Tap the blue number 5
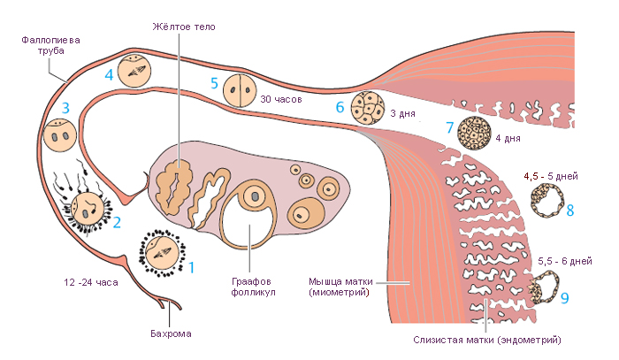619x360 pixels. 214,83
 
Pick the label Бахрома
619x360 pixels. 171,333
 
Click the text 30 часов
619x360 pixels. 282,99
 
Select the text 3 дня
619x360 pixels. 402,114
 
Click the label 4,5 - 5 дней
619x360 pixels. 551,177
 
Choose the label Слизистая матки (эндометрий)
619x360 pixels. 487,340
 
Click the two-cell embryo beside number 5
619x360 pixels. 238,90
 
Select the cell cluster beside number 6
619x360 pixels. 367,109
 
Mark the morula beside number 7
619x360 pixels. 475,133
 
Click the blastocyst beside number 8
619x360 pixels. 545,201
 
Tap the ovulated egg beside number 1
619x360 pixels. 162,256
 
